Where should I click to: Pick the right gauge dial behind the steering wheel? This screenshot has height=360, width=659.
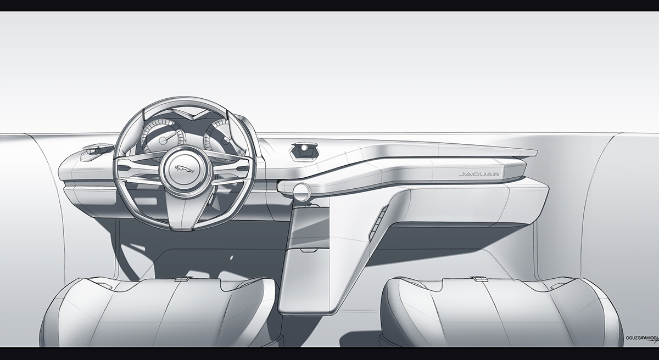coord(220,137)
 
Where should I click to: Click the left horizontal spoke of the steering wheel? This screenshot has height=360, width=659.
coord(137,167)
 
